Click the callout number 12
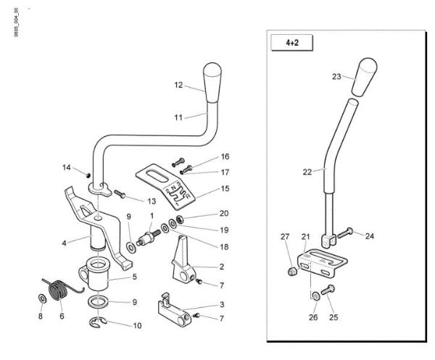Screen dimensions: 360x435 (178, 85)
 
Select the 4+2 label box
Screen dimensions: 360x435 (293, 43)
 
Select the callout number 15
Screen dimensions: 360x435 (225, 188)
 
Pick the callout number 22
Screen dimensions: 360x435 (307, 172)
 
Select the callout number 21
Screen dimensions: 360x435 (305, 237)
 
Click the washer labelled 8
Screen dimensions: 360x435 (41, 298)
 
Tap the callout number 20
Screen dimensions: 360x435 (224, 214)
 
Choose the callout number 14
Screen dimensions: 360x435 (66, 168)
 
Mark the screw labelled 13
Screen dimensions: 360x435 (120, 194)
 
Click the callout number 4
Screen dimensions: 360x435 (65, 243)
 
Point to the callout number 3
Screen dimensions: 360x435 (222, 305)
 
